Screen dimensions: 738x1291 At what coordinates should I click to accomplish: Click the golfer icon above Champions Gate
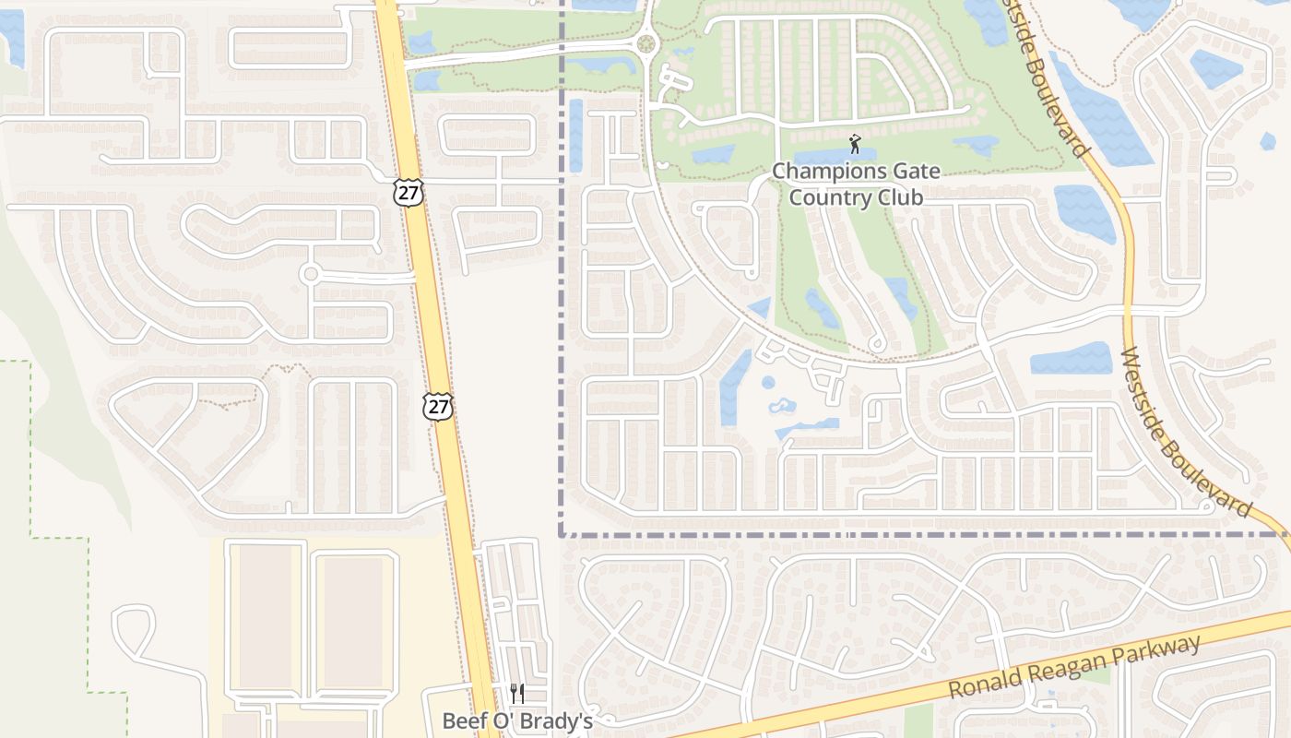[855, 144]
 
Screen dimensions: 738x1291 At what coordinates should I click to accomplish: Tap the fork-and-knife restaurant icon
[517, 694]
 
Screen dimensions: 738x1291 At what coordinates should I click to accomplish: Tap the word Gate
[910, 171]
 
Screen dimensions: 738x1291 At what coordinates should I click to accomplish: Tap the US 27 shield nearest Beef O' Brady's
[438, 406]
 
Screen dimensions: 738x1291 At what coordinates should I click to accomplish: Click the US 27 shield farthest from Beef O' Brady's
[408, 193]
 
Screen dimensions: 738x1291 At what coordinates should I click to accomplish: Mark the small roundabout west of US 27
[310, 274]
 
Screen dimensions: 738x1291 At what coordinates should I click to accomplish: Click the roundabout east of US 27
[645, 42]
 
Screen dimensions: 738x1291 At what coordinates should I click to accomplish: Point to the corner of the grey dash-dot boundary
[561, 534]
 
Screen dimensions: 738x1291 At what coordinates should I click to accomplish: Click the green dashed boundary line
[30, 443]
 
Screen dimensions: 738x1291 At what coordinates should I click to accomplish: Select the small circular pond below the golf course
[768, 382]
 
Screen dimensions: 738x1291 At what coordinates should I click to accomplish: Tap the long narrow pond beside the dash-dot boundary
[576, 135]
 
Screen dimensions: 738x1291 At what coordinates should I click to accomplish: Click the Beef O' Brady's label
[517, 720]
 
